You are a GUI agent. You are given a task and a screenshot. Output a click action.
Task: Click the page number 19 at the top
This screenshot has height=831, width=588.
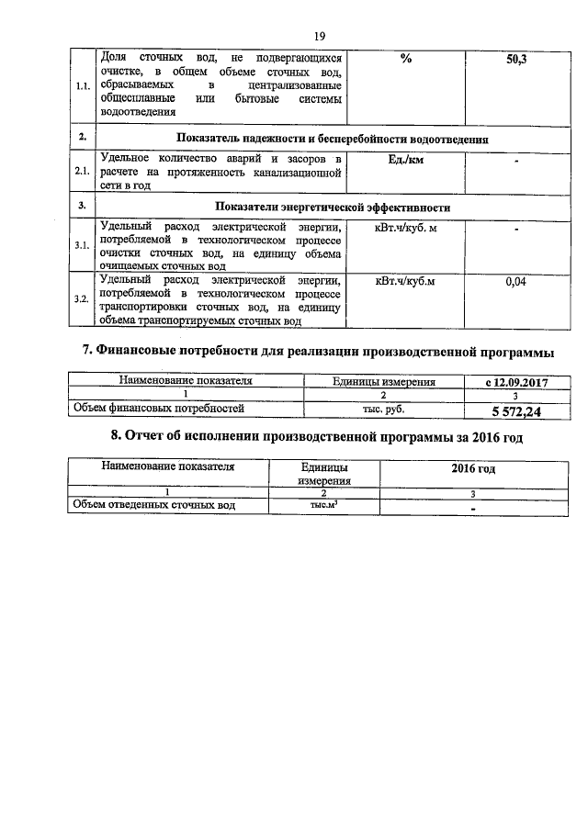tap(320, 36)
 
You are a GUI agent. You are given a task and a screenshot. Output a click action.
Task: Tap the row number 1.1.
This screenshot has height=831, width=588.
tap(82, 87)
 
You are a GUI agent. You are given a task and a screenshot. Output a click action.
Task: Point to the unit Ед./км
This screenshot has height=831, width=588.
tap(404, 162)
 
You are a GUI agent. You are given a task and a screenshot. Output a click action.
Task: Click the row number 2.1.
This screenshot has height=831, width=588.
tap(82, 172)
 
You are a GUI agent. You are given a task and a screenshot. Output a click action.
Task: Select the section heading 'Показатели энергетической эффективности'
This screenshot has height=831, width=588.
tap(332, 207)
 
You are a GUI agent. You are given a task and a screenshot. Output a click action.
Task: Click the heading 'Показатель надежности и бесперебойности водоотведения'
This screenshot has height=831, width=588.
tap(332, 139)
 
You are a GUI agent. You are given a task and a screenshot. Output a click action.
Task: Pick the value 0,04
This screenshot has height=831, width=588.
tap(516, 282)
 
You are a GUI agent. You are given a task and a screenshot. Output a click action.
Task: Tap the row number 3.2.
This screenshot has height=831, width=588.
tap(82, 300)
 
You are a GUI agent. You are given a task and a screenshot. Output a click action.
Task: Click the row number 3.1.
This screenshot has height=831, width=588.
tap(82, 245)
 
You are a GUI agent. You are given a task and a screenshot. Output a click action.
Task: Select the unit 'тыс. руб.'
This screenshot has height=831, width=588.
tap(383, 410)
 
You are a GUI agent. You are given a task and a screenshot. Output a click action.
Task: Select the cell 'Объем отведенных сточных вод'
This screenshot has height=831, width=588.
tap(154, 505)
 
